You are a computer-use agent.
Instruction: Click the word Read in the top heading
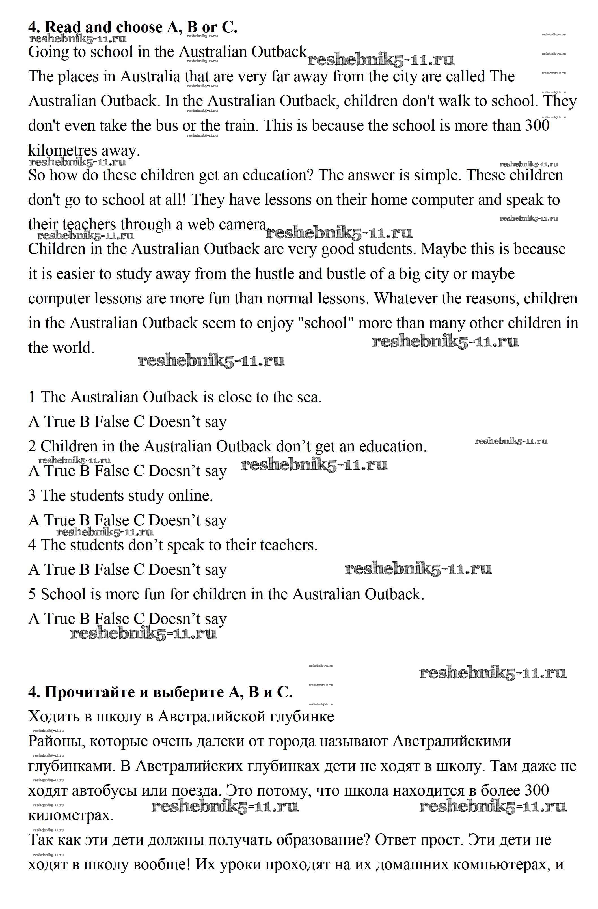(63, 27)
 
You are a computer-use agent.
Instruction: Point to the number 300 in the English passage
(537, 126)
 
